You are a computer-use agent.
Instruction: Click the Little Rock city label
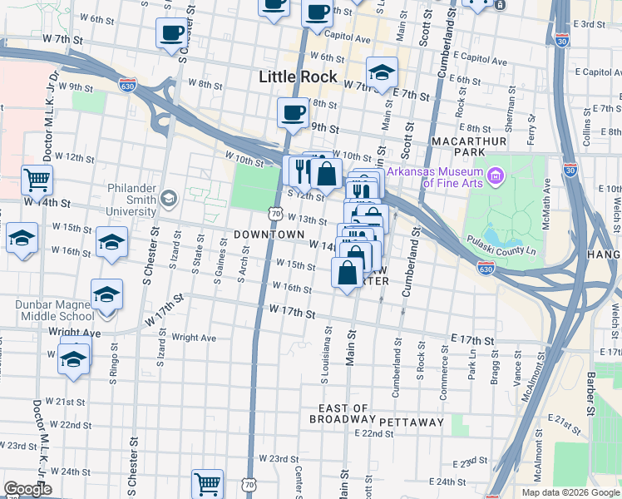[x=298, y=77]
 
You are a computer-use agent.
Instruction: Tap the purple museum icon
[x=497, y=175]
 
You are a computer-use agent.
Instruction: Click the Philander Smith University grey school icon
[x=169, y=197]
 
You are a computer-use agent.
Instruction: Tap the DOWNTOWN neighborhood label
[x=269, y=235]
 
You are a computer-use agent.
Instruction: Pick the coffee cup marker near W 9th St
[x=291, y=112]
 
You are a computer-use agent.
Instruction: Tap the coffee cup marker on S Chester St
[x=171, y=33]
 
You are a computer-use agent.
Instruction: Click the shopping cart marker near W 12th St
[x=37, y=178]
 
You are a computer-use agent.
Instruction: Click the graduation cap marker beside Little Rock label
[x=382, y=72]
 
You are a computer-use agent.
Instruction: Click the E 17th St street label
[x=472, y=341]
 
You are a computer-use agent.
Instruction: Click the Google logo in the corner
[x=27, y=489]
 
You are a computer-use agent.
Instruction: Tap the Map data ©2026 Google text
[x=571, y=492]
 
